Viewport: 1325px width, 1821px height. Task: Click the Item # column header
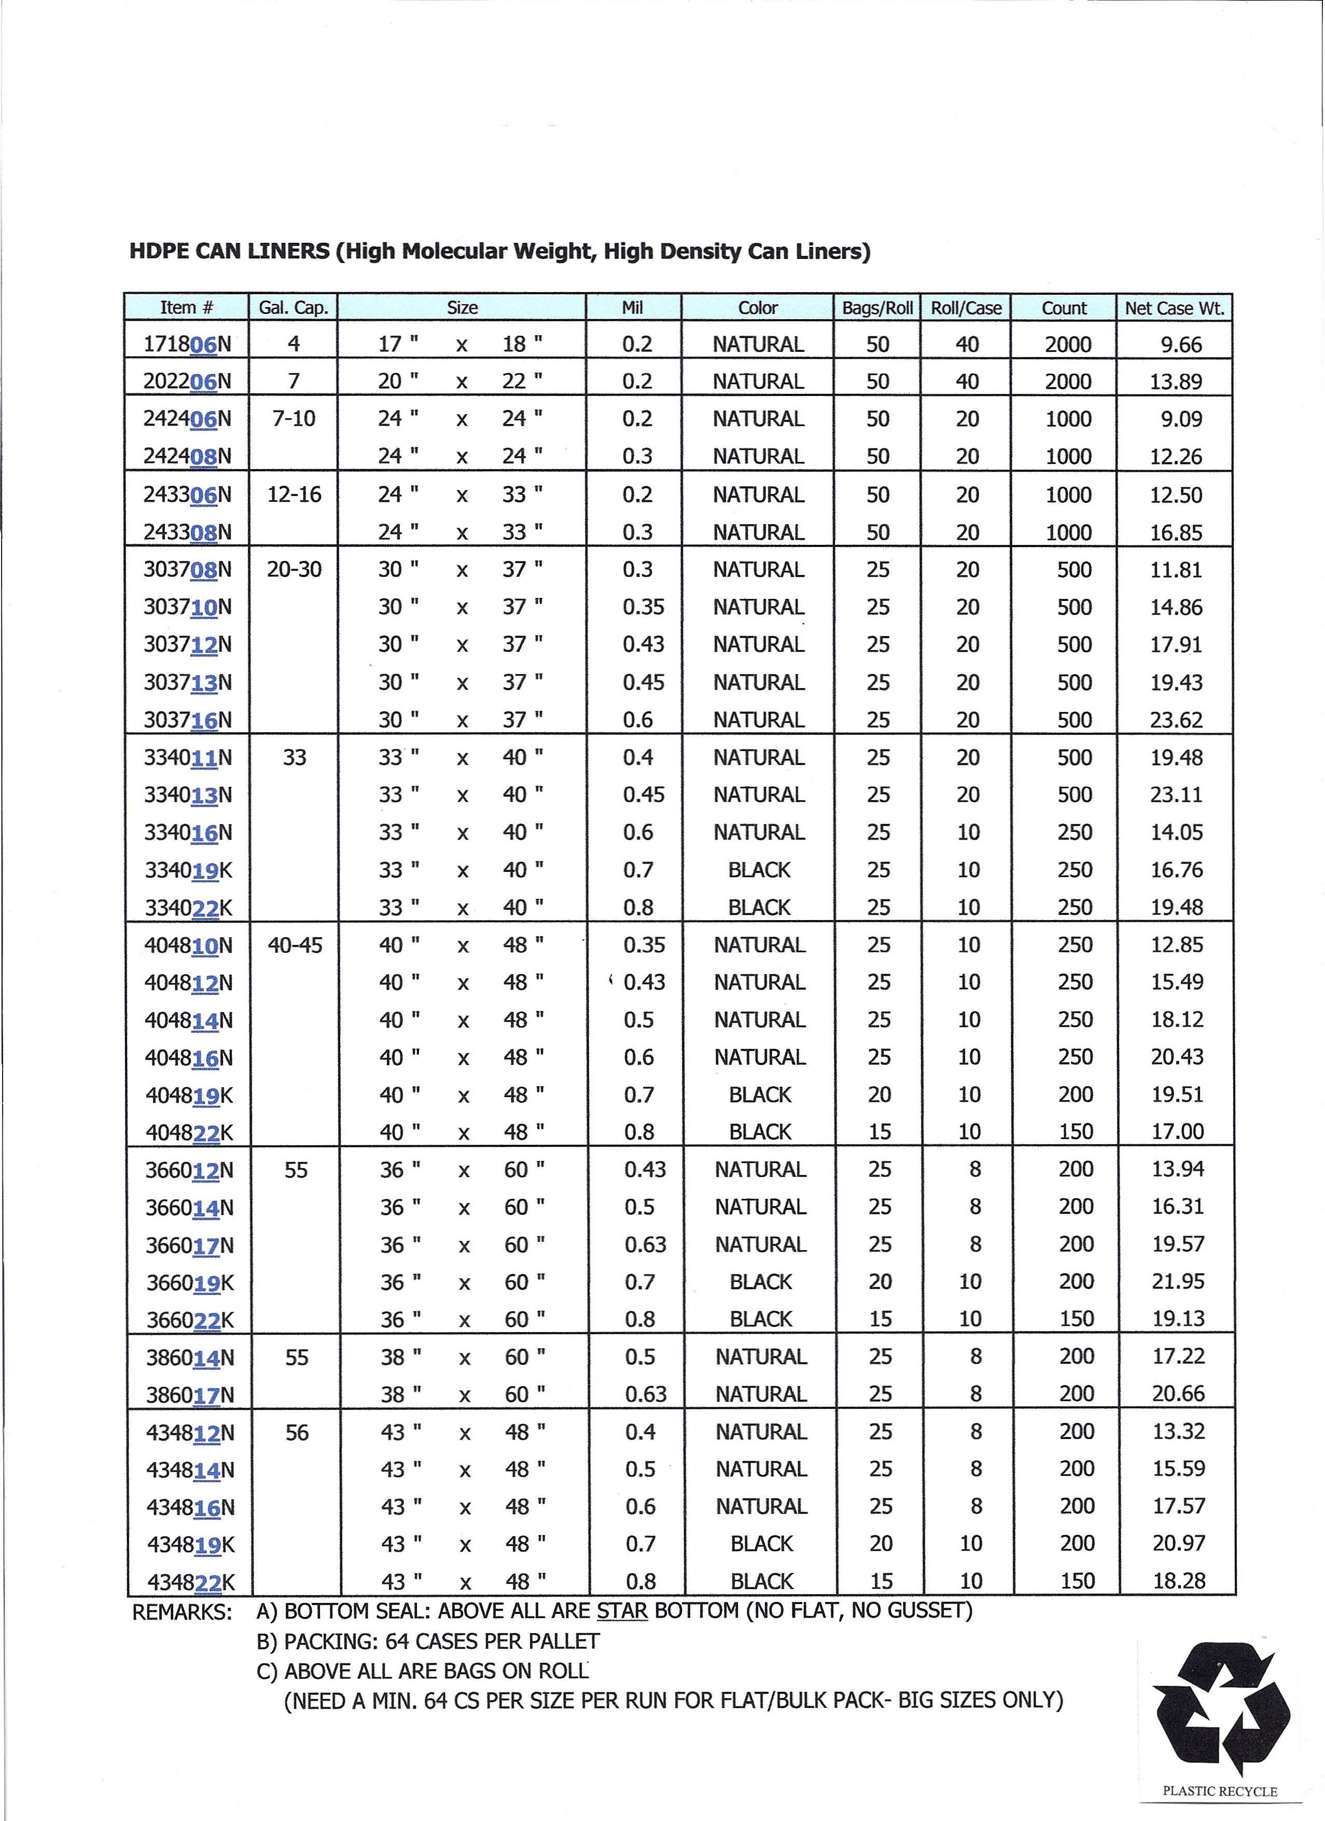(186, 308)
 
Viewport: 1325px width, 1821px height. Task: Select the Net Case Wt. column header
(1174, 308)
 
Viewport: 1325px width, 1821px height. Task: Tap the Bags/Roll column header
(877, 308)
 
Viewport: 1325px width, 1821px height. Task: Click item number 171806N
(187, 345)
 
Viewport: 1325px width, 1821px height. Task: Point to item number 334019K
(188, 870)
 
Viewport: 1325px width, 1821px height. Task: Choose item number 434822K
(190, 1582)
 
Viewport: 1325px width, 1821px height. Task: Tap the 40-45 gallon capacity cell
(295, 945)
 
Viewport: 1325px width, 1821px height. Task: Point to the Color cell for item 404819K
(760, 1095)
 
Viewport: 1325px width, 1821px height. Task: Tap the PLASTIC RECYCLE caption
(1219, 1791)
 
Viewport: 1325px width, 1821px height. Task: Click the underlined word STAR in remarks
(622, 1611)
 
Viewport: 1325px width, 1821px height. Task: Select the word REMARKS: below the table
(182, 1612)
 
